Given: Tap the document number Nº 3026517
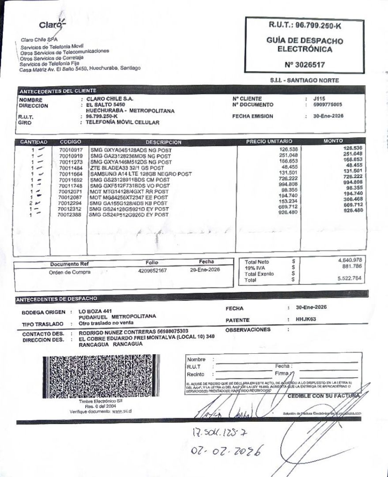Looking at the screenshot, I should [x=305, y=64].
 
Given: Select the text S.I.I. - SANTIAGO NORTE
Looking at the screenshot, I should [x=305, y=80].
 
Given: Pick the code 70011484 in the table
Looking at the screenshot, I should [x=71, y=168].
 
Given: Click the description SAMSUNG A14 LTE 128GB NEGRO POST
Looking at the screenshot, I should [x=140, y=174].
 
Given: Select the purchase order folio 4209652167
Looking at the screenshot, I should [x=152, y=270].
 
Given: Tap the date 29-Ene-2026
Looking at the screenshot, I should [x=204, y=270].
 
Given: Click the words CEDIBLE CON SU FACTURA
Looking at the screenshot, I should [x=323, y=396].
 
